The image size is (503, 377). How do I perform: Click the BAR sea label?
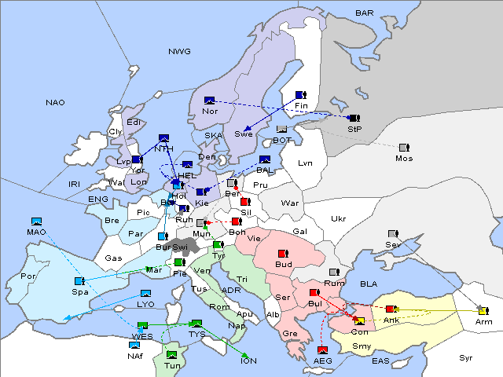click(x=364, y=13)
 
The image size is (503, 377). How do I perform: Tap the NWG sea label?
click(x=179, y=51)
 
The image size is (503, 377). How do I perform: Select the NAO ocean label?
click(x=55, y=102)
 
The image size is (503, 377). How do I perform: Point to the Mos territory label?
click(x=404, y=159)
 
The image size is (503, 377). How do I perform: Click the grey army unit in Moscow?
click(x=404, y=148)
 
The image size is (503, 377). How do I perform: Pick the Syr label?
click(x=466, y=357)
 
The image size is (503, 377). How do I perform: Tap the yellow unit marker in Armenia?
click(x=483, y=310)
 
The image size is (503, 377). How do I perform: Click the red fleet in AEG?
click(x=322, y=350)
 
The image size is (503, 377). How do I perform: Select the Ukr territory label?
click(x=338, y=218)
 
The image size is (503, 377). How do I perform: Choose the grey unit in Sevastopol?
click(x=393, y=234)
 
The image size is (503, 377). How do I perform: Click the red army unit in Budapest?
click(x=283, y=254)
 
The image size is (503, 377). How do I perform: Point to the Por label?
click(x=28, y=276)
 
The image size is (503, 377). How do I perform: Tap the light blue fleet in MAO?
click(x=36, y=221)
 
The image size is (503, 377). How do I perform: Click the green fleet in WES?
click(x=142, y=325)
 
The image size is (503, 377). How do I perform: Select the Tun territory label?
click(x=172, y=365)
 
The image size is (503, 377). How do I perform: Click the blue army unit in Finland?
click(x=299, y=94)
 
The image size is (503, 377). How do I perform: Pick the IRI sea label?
click(x=75, y=184)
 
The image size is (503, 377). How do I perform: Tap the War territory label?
click(x=290, y=203)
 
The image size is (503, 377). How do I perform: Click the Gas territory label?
click(x=114, y=258)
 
